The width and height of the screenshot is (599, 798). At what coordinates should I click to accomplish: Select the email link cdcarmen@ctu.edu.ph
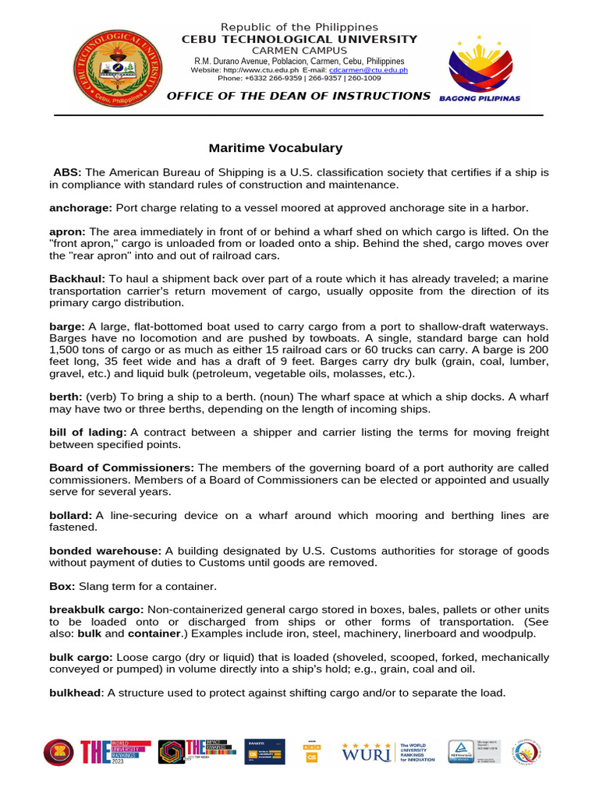click(368, 70)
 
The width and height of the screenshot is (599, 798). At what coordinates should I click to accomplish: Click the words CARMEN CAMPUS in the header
click(299, 50)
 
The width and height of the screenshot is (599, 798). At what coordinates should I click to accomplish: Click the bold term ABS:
click(67, 172)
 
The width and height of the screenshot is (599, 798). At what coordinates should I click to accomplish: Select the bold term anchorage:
click(81, 208)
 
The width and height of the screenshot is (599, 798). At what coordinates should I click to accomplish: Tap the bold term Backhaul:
click(77, 279)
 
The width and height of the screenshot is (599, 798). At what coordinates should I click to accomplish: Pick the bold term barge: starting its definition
click(66, 327)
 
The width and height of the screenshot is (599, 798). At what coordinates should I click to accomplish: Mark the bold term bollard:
click(71, 516)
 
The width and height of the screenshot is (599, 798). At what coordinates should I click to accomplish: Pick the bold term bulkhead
click(76, 693)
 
